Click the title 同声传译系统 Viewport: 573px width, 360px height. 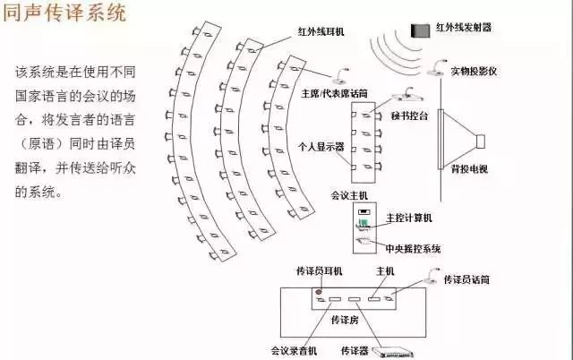[x=64, y=15]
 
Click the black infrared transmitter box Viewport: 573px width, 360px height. [x=418, y=30]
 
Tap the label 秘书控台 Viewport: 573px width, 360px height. [x=409, y=116]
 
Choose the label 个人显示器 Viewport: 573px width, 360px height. [x=320, y=144]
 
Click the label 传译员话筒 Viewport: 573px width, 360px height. [x=466, y=280]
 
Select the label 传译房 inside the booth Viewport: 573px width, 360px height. [x=343, y=319]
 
